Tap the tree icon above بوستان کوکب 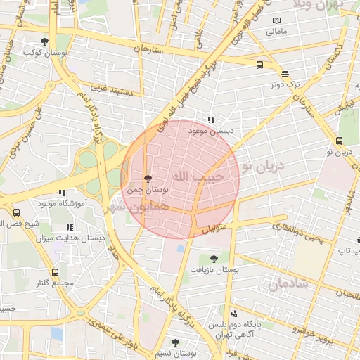(45, 41)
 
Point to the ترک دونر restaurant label (286, 84)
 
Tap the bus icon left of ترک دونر (260, 65)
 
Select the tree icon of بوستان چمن (147, 179)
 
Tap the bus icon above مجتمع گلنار (56, 271)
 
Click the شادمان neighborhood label (288, 284)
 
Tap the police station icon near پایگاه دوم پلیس (233, 314)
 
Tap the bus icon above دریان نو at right (341, 141)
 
